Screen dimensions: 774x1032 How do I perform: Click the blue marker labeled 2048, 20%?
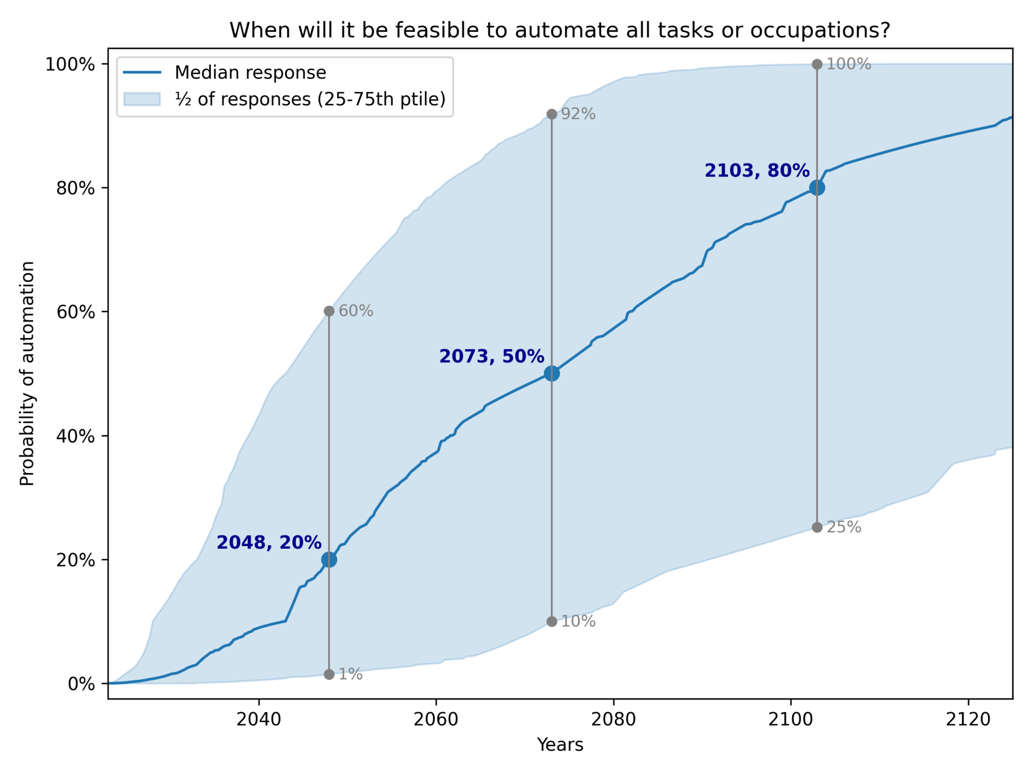(x=329, y=559)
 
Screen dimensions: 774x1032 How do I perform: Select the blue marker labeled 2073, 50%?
(x=552, y=373)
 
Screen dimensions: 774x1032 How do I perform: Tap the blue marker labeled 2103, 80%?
(x=817, y=188)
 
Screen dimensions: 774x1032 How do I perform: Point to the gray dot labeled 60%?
(x=329, y=311)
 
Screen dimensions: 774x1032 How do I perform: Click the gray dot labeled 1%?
(x=329, y=674)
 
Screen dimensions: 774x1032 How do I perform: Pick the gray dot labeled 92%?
(x=552, y=114)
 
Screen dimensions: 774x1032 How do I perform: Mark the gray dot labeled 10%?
(x=552, y=621)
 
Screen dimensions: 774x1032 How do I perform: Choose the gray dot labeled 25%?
(x=817, y=528)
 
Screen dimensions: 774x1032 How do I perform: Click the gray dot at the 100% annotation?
(x=817, y=64)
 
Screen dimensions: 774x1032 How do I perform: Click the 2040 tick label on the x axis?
(x=259, y=720)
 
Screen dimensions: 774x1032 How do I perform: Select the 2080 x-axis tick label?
(x=613, y=720)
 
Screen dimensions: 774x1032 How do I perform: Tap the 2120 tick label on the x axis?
(x=968, y=720)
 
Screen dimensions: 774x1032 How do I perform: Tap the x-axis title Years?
(x=560, y=745)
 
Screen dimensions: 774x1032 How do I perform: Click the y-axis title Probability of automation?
(x=27, y=373)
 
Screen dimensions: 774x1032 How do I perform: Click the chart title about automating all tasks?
(x=560, y=30)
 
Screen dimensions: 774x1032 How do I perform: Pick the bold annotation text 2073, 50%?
(x=491, y=356)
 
